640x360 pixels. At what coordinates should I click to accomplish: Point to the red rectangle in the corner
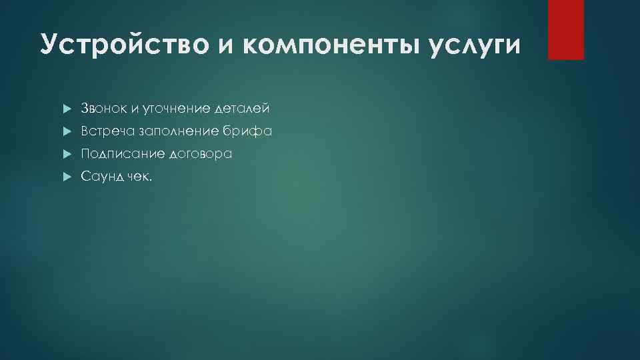click(565, 29)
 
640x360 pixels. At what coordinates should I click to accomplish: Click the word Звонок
click(102, 108)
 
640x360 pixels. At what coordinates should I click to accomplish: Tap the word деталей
click(242, 108)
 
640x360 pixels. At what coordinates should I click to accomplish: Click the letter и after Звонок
click(133, 109)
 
